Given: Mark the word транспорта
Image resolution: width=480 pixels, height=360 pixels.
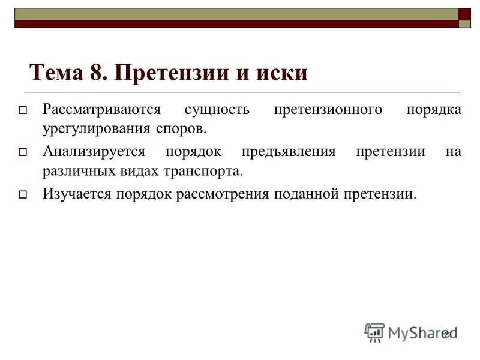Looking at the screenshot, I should [203, 170].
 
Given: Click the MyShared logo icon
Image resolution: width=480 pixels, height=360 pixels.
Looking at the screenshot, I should [374, 332].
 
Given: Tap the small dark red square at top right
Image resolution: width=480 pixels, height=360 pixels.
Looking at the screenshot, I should [465, 14].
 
